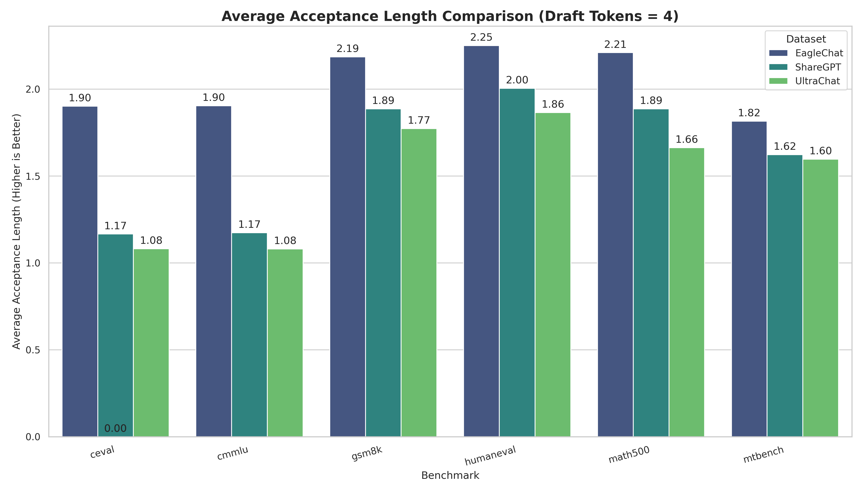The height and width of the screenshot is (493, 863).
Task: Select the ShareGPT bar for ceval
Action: click(x=115, y=335)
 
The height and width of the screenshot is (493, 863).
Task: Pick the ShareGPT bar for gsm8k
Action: click(x=383, y=273)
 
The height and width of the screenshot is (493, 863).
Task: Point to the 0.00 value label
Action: click(x=115, y=429)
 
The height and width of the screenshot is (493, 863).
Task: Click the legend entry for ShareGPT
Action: click(x=818, y=67)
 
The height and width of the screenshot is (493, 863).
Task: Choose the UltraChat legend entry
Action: click(x=818, y=81)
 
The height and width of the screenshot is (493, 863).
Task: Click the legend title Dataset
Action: click(x=806, y=39)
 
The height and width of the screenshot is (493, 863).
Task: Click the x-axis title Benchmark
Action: click(x=450, y=476)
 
